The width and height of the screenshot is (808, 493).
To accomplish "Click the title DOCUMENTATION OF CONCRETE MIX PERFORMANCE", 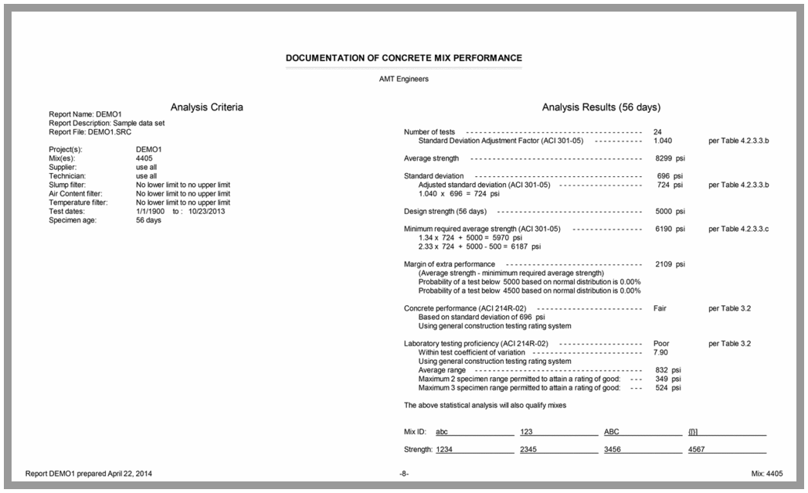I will (x=403, y=58).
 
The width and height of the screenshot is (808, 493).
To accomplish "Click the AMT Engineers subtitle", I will (x=403, y=78).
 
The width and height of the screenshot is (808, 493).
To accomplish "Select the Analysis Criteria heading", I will (x=206, y=107).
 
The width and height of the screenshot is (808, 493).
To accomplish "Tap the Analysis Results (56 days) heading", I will (x=601, y=107).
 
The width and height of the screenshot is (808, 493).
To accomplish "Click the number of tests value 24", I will (x=657, y=132).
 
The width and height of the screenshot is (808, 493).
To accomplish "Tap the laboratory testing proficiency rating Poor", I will (x=661, y=343).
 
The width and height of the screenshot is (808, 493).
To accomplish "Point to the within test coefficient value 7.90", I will (x=660, y=352).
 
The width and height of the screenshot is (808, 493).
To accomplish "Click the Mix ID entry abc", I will (x=442, y=432).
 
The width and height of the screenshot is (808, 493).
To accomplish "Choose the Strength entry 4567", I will (x=697, y=450).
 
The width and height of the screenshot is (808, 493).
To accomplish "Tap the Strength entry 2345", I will (x=530, y=450).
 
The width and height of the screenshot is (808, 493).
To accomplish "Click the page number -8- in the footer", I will (x=403, y=473).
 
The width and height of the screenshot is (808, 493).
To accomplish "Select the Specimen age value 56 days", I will (x=148, y=220).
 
